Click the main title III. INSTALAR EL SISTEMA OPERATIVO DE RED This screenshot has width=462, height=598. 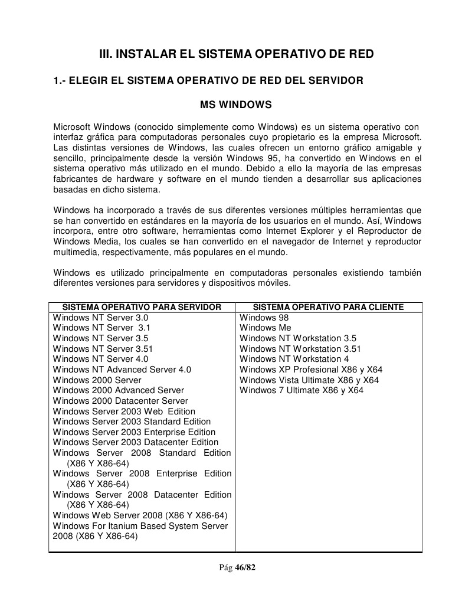235,54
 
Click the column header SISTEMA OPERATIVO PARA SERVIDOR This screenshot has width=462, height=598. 142,307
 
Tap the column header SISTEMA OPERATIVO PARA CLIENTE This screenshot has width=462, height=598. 328,307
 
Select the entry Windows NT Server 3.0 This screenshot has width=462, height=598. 100,318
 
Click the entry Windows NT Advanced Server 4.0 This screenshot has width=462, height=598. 122,370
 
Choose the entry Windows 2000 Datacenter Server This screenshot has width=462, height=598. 120,401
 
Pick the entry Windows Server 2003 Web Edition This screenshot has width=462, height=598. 124,411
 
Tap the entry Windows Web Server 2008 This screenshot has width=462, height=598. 140,515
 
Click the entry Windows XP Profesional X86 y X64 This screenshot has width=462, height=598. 311,370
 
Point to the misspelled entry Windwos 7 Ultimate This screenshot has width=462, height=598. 302,390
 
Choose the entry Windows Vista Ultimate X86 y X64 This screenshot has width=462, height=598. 309,380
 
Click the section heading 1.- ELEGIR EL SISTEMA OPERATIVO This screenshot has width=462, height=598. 208,80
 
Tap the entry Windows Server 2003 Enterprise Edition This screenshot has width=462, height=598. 134,432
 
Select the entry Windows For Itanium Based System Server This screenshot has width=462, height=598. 140,526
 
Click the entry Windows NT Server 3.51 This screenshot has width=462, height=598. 103,349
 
